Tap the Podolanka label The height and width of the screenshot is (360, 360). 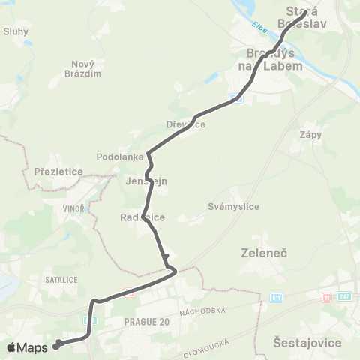pyautogui.click(x=115, y=157)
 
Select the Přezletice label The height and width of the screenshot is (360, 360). pyautogui.click(x=58, y=172)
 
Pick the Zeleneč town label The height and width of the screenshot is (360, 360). pyautogui.click(x=259, y=253)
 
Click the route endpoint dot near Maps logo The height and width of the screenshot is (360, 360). pyautogui.click(x=57, y=345)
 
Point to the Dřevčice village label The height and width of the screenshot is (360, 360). pyautogui.click(x=185, y=124)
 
